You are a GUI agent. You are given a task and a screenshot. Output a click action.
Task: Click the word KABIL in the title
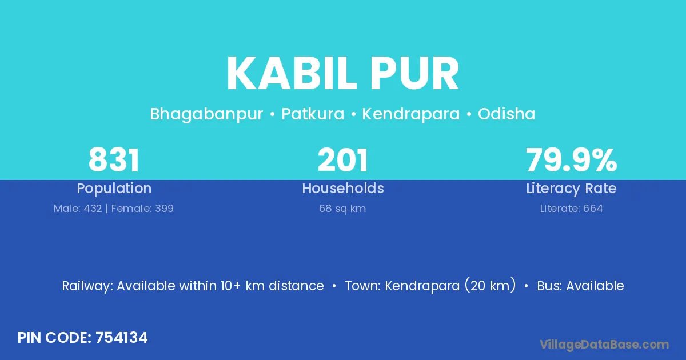click(292, 74)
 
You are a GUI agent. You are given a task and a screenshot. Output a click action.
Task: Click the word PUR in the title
click(414, 74)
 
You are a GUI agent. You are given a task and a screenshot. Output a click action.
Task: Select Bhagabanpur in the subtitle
click(206, 114)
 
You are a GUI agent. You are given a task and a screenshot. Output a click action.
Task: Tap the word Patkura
click(313, 114)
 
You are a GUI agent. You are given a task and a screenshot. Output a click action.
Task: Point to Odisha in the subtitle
click(506, 114)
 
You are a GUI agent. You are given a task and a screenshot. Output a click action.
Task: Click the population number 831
click(114, 160)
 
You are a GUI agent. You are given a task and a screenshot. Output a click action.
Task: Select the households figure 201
click(342, 160)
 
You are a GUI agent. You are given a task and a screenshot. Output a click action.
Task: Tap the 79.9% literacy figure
click(572, 160)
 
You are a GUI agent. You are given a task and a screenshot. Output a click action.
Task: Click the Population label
click(114, 189)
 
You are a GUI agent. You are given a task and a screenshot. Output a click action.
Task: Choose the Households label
click(343, 188)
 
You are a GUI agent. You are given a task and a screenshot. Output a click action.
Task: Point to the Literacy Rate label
click(572, 189)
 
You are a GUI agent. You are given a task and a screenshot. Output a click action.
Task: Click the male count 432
click(93, 209)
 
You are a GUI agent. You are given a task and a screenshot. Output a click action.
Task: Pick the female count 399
click(164, 209)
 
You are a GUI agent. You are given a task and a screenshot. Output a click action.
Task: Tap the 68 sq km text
click(342, 209)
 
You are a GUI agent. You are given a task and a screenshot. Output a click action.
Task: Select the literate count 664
click(593, 209)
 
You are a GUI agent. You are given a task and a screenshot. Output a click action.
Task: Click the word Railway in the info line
click(87, 286)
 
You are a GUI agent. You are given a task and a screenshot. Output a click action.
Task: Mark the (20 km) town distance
click(490, 285)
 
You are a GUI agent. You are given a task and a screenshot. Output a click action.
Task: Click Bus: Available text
click(580, 286)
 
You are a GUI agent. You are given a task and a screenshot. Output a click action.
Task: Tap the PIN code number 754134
click(122, 338)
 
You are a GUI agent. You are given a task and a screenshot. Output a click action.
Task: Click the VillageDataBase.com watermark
click(604, 345)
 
